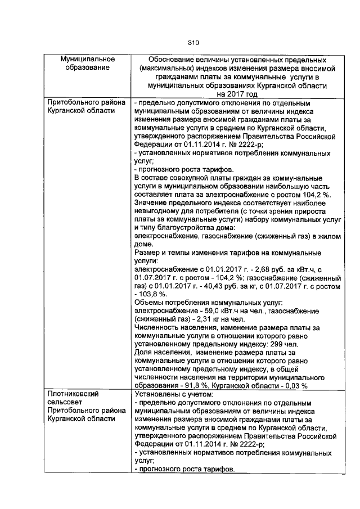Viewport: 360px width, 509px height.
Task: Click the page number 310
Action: pyautogui.click(x=193, y=42)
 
